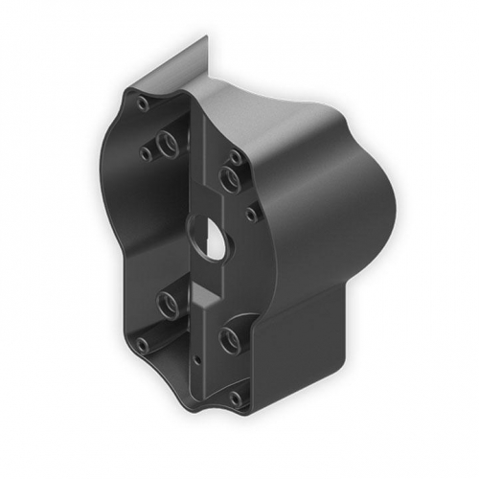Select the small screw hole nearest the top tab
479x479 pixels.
143,103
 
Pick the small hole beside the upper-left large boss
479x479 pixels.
146,152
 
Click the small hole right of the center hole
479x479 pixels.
250,214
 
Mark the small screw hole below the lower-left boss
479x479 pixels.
143,343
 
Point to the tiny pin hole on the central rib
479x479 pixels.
196,360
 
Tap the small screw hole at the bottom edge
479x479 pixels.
235,396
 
